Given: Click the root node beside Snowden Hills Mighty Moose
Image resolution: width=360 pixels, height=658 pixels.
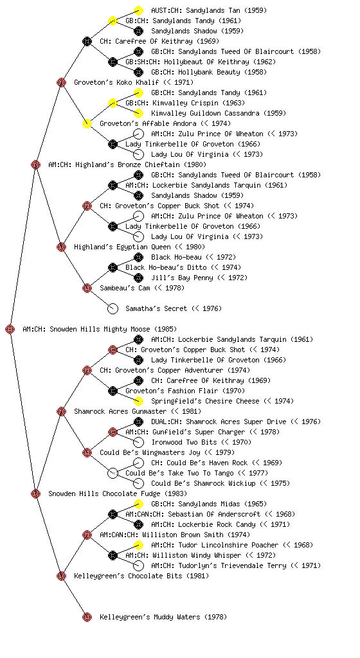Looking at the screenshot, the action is (10, 329).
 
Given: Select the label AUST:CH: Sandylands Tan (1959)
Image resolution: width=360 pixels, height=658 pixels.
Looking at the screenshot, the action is (209, 10).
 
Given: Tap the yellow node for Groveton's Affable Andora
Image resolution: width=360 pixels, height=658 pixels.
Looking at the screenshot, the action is (87, 123).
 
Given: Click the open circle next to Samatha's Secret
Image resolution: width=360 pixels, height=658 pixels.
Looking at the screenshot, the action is (113, 308).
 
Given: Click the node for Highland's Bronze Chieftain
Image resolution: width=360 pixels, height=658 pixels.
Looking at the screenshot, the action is (35, 164).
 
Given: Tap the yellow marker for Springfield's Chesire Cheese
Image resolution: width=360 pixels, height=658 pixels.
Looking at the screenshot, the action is (138, 401).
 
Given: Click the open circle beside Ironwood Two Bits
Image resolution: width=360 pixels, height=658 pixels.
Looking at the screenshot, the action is (138, 442).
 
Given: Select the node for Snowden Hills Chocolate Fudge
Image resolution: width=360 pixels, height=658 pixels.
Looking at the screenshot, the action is (35, 493).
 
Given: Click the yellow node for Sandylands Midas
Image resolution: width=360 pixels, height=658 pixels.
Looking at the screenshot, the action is (138, 504).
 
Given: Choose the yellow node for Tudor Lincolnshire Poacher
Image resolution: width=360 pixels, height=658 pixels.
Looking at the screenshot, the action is (138, 545).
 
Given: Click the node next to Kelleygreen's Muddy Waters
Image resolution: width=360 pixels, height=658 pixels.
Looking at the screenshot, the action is (87, 617).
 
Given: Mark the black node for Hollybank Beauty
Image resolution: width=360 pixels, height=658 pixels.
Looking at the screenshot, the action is (138, 72).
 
